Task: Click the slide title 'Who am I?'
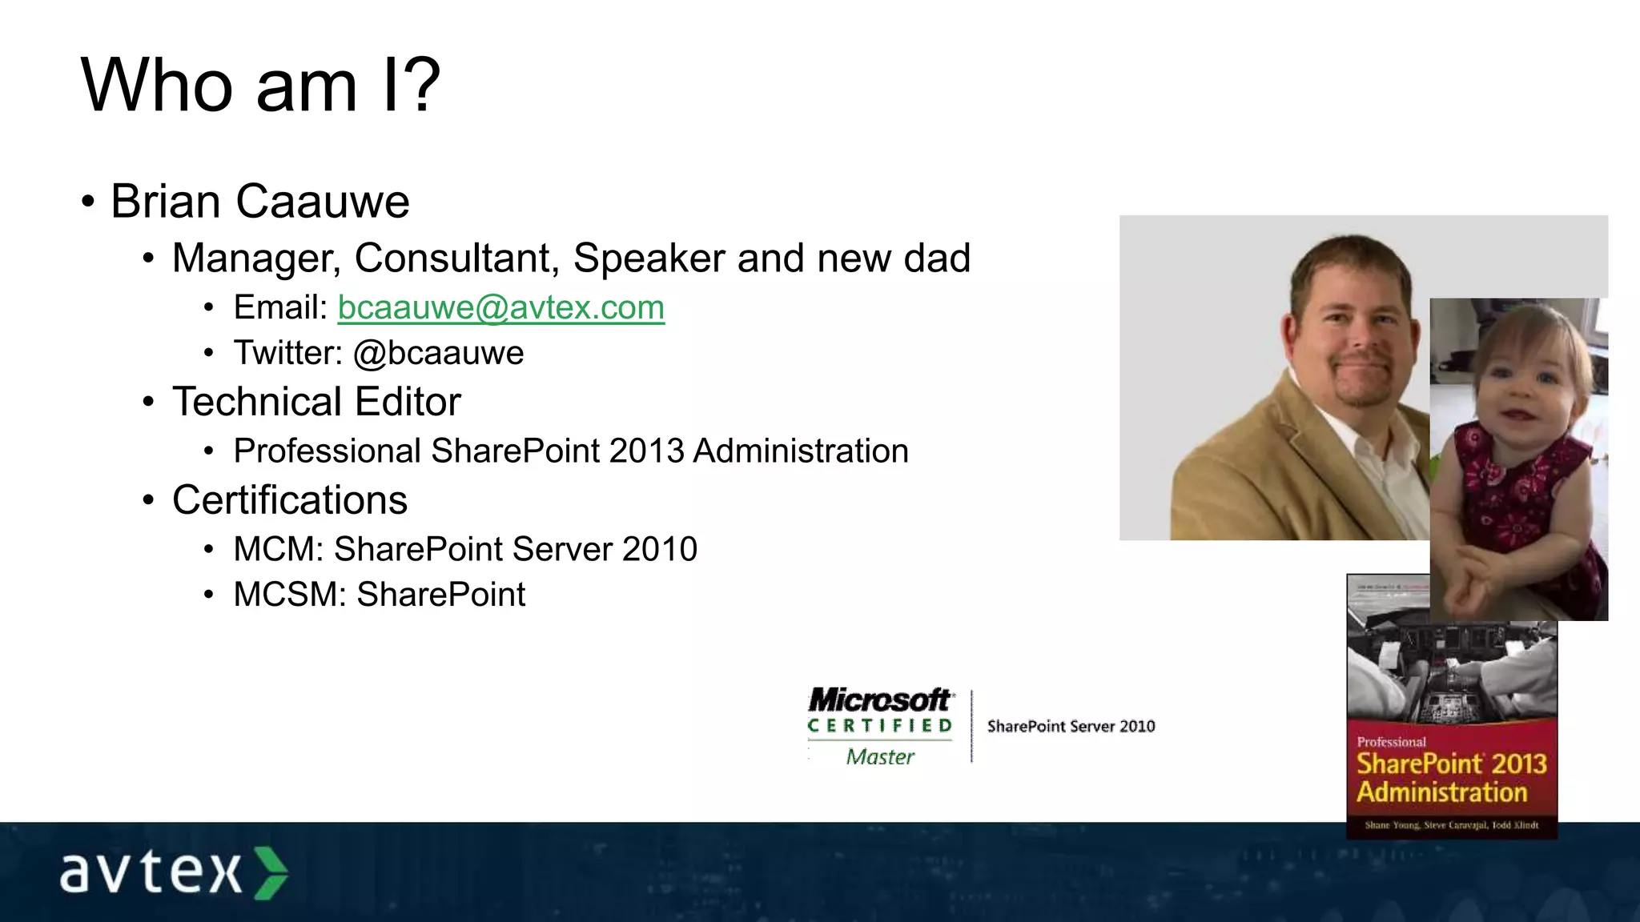(x=260, y=86)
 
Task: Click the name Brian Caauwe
(x=260, y=201)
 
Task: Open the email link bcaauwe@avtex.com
(x=501, y=307)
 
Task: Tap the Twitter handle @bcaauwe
(x=439, y=353)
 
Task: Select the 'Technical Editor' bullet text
(x=316, y=402)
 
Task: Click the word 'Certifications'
(x=290, y=500)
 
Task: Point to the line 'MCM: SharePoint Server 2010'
(x=465, y=549)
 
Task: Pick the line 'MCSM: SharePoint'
(x=380, y=595)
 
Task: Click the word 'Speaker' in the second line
(x=649, y=259)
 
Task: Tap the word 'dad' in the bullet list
(x=937, y=259)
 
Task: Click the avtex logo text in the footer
(x=151, y=872)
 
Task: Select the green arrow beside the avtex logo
(x=271, y=872)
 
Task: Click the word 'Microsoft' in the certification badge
(x=879, y=700)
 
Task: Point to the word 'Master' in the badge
(x=879, y=757)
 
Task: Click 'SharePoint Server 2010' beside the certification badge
(x=1071, y=727)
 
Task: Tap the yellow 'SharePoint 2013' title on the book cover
(x=1451, y=764)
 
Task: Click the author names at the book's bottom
(x=1451, y=825)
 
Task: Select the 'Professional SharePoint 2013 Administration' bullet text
(x=571, y=451)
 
